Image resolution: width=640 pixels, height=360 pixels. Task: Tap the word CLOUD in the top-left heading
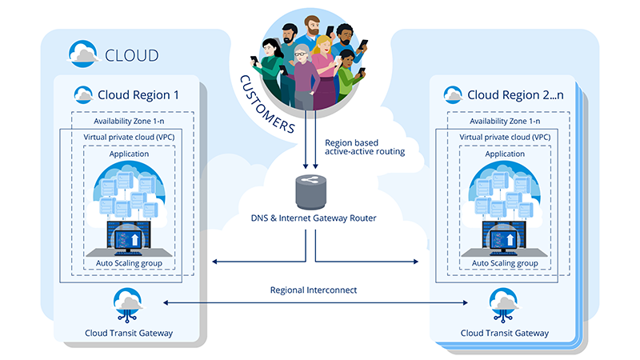tap(132, 56)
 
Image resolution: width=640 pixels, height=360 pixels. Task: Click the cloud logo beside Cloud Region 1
tap(82, 94)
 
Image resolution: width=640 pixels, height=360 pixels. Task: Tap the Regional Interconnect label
tap(313, 289)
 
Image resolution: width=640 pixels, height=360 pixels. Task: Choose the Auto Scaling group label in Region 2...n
tap(503, 263)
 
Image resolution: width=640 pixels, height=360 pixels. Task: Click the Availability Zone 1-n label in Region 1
tap(127, 121)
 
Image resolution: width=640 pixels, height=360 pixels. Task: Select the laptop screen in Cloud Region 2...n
tap(503, 237)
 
